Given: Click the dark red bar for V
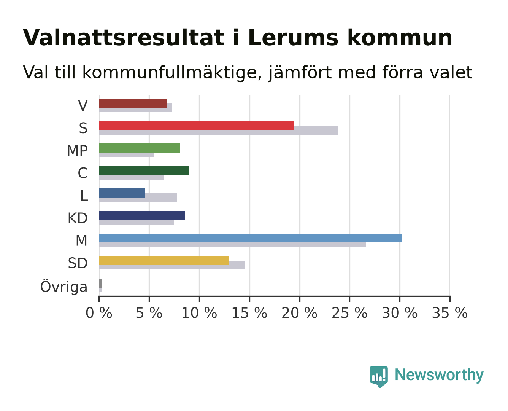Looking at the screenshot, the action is [x=133, y=103].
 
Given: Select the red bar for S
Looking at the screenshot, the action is [x=196, y=126].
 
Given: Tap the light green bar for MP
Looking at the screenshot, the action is [x=140, y=148].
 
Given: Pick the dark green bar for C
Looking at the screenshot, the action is [x=144, y=170].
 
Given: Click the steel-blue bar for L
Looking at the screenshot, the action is [x=122, y=193].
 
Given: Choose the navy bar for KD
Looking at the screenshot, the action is [x=142, y=215].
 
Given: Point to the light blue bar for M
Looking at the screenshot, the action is [x=250, y=238].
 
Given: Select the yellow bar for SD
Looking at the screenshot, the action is [x=164, y=260].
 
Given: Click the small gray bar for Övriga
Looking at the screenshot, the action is [x=100, y=283].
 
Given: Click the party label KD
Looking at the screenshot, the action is [x=78, y=218].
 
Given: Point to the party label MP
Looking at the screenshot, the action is [x=77, y=151].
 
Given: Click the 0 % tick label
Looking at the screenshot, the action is [x=99, y=313].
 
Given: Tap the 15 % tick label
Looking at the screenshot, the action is [x=249, y=313].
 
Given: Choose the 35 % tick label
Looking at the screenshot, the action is [x=450, y=313].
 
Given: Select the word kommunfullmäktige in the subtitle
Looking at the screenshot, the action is [x=172, y=73].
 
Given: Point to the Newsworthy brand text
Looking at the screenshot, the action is [x=439, y=375].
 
